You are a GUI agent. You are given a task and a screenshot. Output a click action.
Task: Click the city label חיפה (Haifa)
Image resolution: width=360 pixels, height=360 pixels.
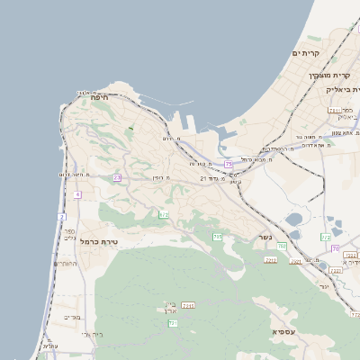[100, 95]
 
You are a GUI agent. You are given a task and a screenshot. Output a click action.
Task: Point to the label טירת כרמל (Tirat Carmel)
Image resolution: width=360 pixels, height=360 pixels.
[99, 241]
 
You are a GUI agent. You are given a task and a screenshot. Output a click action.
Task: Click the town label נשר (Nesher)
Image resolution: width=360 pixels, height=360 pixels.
[265, 238]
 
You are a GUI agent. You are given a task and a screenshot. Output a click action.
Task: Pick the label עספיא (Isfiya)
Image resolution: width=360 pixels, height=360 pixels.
[283, 332]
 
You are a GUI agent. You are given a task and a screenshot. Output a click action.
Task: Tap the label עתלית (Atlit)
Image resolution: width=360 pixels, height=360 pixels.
[50, 346]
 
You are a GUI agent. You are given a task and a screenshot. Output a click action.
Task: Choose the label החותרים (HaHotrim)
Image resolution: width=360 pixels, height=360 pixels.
[66, 264]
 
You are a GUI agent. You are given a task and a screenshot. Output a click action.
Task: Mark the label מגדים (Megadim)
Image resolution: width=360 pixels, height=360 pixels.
[73, 317]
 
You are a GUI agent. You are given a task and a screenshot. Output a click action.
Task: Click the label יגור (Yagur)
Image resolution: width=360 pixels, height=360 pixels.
[325, 285]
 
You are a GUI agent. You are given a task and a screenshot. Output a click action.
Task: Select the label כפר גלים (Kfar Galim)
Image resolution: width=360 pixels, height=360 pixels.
[69, 234]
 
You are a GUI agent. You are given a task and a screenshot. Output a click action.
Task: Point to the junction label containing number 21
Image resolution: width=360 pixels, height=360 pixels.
[215, 178]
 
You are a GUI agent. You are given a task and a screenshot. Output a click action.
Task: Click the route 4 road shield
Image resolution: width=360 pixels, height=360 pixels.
[78, 194]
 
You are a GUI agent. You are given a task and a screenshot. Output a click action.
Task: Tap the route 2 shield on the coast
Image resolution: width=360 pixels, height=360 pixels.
[62, 217]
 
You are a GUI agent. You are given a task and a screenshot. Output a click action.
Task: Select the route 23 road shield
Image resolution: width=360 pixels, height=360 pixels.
[117, 178]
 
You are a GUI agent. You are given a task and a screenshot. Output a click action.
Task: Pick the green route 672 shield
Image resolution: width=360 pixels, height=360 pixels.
[164, 214]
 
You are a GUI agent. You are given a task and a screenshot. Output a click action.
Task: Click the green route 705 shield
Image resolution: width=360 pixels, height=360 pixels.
[217, 237]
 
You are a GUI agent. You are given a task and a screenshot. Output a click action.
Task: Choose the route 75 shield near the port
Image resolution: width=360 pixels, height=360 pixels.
[229, 165]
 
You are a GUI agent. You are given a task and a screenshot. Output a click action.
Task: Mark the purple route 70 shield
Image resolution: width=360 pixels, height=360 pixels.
[335, 248]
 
